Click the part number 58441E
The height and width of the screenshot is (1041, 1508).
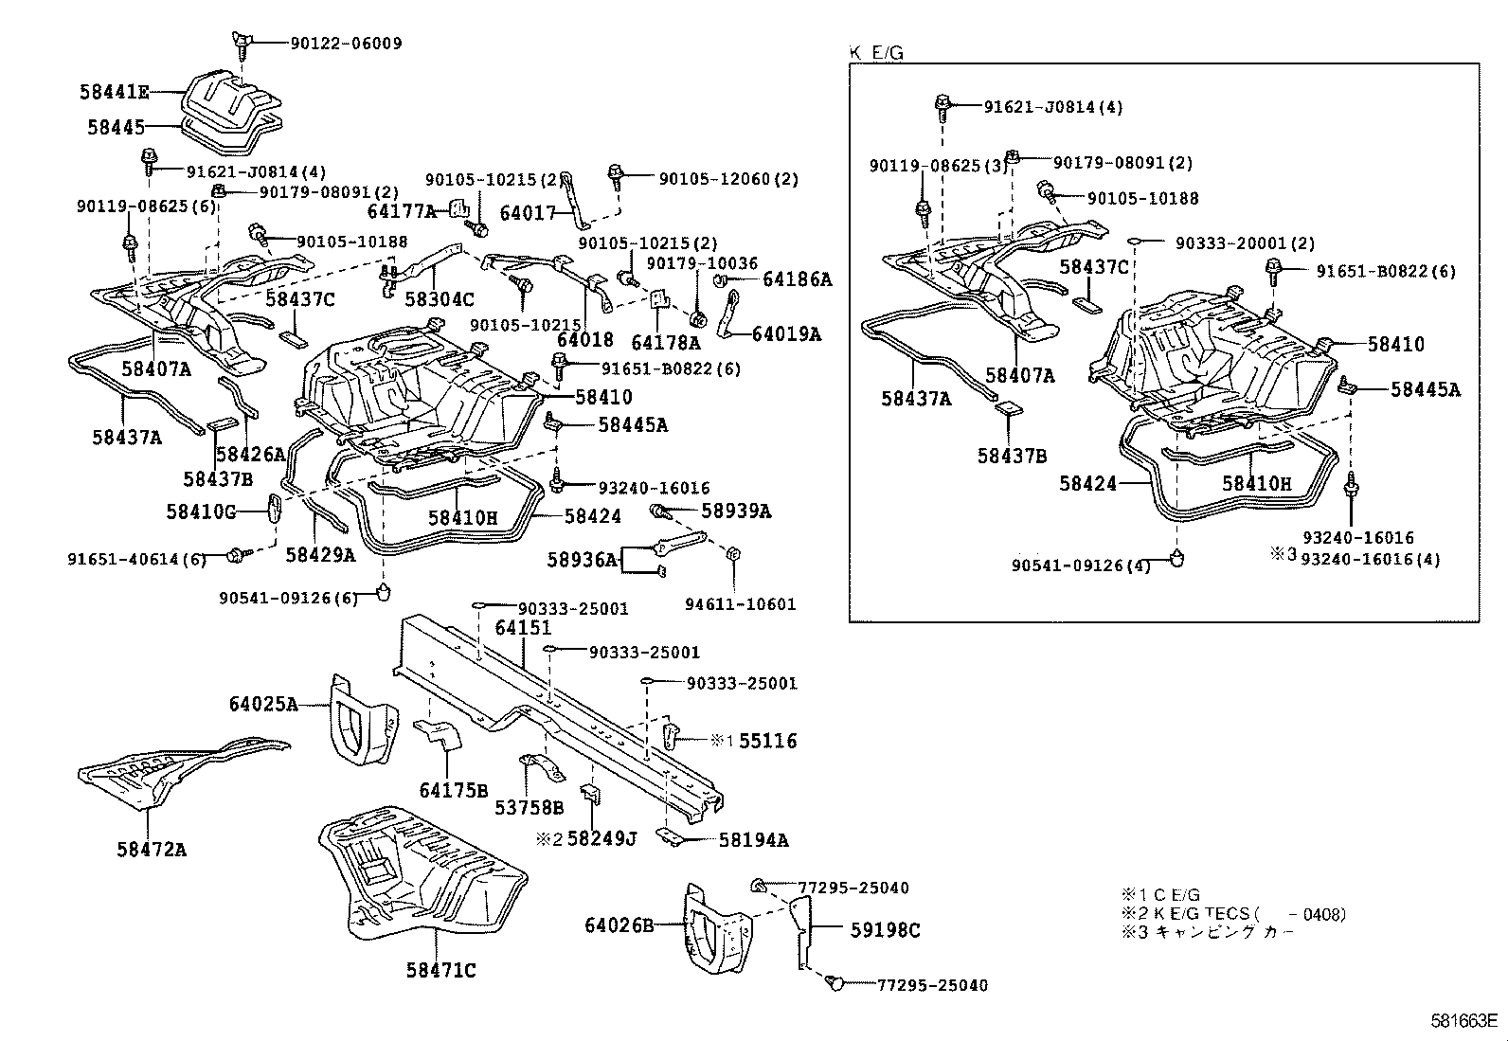tap(114, 92)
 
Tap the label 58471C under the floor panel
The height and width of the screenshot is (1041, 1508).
tap(440, 970)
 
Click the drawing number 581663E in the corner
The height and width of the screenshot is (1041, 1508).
tap(1463, 1021)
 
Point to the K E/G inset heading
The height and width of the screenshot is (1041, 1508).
tap(876, 54)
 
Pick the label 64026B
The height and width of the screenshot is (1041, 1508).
tap(619, 924)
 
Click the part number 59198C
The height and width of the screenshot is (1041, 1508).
tap(885, 930)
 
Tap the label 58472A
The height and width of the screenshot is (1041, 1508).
tap(152, 850)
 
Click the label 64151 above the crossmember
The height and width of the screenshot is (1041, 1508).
tap(522, 627)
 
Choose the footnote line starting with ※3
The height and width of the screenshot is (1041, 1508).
tap(1208, 932)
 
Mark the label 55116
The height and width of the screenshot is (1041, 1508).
tap(767, 741)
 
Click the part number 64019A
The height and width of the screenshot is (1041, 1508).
tap(786, 333)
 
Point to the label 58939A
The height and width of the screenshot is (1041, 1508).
tap(736, 512)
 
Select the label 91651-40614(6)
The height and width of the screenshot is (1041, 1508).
tap(136, 559)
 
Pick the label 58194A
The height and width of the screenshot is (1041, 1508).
tap(753, 839)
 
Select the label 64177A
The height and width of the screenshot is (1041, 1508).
tap(402, 211)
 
